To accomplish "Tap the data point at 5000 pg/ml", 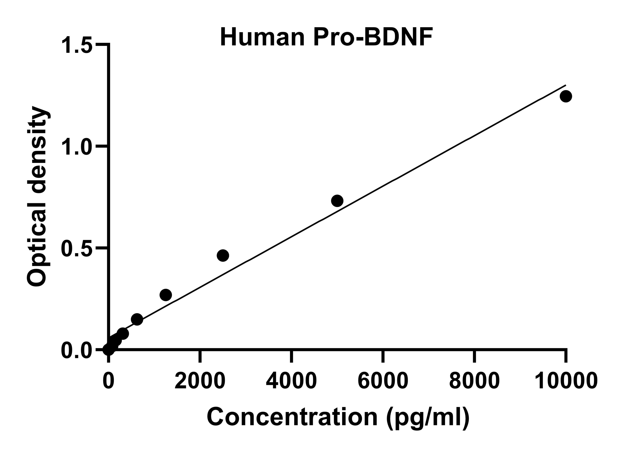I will coord(337,201).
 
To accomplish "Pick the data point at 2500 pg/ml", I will coord(223,255).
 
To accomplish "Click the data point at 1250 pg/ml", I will coord(166,295).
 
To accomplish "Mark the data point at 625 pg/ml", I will coord(137,319).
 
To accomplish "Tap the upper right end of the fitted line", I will coord(565,85).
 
